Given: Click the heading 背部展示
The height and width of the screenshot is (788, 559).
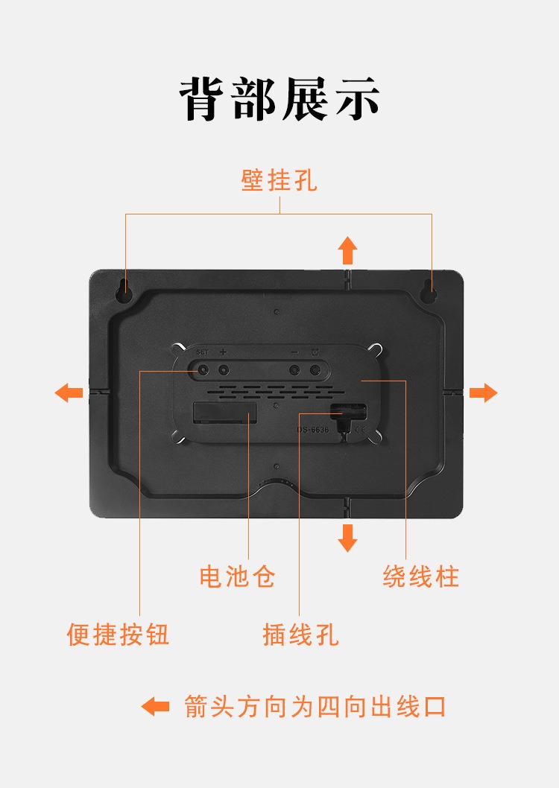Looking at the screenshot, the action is [x=279, y=99].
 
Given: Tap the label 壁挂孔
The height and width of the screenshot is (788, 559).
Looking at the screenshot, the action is [x=279, y=180].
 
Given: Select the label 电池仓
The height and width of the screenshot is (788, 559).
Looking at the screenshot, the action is [x=237, y=576].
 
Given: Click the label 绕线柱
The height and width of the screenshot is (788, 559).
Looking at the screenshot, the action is [x=421, y=576].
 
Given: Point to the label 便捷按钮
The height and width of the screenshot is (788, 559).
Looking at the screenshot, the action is [x=118, y=635].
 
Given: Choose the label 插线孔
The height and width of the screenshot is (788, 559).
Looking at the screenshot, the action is [x=300, y=635].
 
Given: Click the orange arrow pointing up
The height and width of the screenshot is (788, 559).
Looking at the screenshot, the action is [x=347, y=250].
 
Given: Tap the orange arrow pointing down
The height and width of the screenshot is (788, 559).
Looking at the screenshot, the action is [x=347, y=538].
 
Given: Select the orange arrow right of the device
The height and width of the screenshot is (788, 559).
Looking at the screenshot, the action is [x=484, y=393].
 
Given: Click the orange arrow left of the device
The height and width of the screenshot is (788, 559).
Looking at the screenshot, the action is [x=69, y=393].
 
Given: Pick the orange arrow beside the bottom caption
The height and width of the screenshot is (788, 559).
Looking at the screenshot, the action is [x=155, y=707].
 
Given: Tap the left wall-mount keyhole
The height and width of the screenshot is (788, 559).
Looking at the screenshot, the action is [x=123, y=290].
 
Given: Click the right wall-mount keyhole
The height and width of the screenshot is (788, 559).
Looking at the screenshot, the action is [x=429, y=290].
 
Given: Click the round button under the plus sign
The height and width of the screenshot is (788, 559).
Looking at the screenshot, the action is [x=223, y=371].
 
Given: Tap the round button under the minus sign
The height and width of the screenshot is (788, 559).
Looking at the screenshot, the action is [x=294, y=371].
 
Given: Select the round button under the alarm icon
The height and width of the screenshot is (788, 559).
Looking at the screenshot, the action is [x=315, y=371].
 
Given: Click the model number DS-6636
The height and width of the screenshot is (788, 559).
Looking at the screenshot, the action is [x=313, y=430].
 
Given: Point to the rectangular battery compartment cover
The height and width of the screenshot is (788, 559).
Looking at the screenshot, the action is [x=224, y=412].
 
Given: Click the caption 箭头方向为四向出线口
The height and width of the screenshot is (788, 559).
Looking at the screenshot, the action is [x=315, y=707].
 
